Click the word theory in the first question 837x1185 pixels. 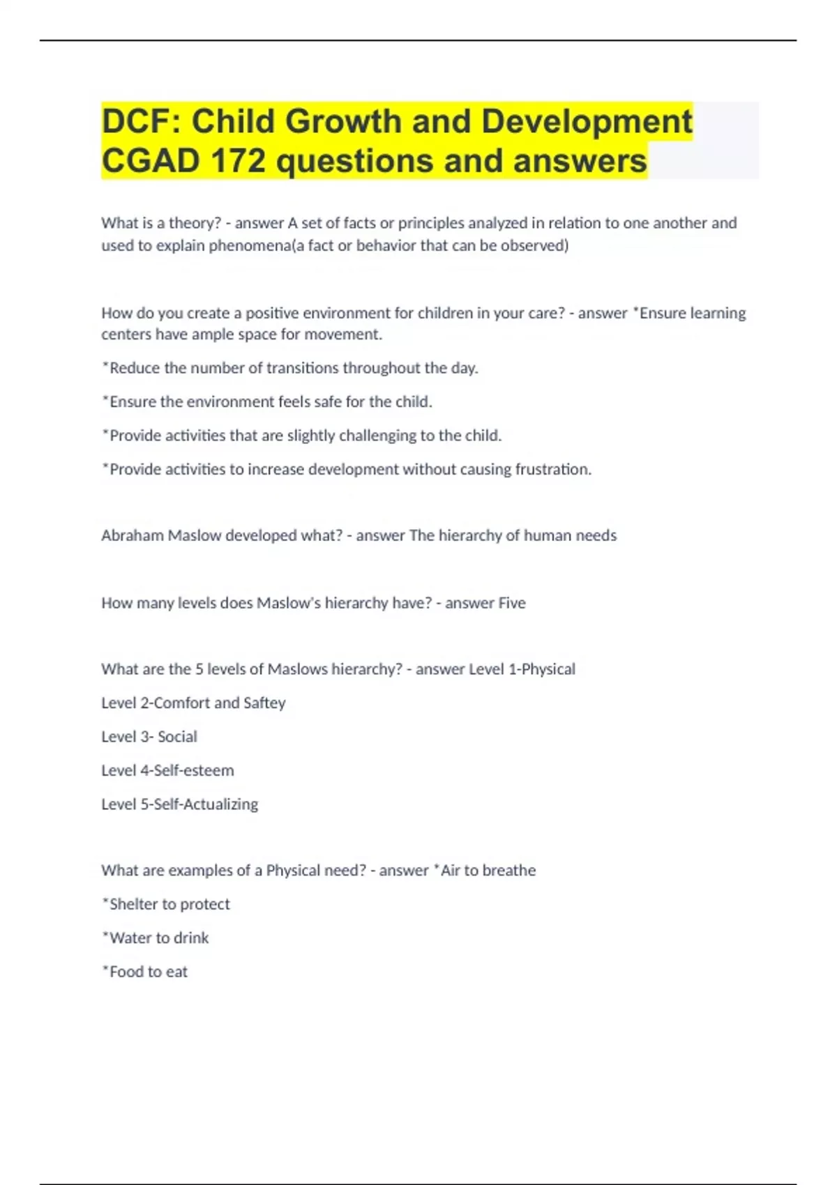click(x=195, y=223)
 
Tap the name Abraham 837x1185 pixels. click(x=133, y=535)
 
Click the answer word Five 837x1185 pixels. click(x=512, y=603)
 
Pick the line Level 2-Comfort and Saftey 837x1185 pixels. click(x=193, y=703)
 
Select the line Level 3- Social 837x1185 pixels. click(x=149, y=737)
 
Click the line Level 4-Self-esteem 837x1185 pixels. click(x=167, y=770)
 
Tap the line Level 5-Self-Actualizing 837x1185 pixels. click(x=179, y=804)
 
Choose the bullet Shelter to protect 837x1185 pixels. click(x=166, y=904)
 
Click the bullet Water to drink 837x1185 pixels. click(x=156, y=938)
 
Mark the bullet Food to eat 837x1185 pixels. click(x=145, y=972)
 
